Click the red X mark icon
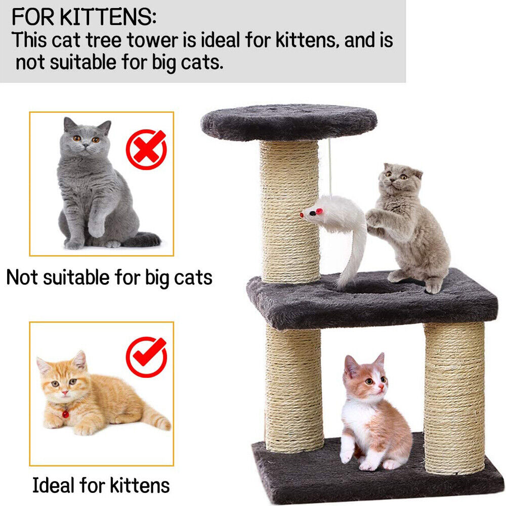click(146, 149)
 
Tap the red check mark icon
click(146, 357)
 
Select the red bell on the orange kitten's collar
click(65, 414)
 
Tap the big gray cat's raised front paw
click(96, 228)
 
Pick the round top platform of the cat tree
click(289, 122)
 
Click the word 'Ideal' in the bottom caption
click(55, 485)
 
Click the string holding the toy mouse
click(330, 167)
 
